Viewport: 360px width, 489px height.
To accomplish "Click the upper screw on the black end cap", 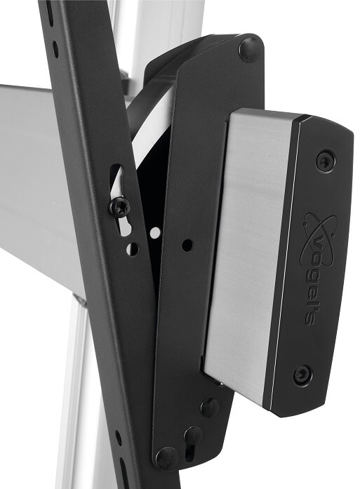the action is pyautogui.click(x=326, y=161).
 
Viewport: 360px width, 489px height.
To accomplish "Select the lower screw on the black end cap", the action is pyautogui.click(x=302, y=374).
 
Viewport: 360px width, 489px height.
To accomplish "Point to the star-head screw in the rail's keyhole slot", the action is pyautogui.click(x=119, y=206).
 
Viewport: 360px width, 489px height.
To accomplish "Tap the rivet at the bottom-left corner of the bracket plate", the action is pyautogui.click(x=166, y=458).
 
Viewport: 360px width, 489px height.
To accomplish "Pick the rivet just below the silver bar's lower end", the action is pyautogui.click(x=210, y=408).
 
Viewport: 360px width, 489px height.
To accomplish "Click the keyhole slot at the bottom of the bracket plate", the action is pyautogui.click(x=193, y=439).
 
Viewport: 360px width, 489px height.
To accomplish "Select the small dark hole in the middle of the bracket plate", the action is pyautogui.click(x=187, y=245).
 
